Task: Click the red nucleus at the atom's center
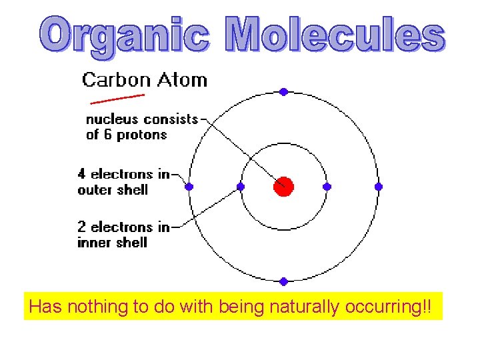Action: click(283, 186)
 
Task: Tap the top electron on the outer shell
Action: click(283, 92)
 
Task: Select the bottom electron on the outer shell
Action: click(283, 281)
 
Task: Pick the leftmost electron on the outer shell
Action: click(189, 187)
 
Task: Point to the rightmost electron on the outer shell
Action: click(379, 187)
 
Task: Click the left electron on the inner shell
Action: click(241, 187)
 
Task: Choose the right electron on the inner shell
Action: click(327, 187)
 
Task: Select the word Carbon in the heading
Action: click(115, 81)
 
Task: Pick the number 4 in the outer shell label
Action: click(81, 174)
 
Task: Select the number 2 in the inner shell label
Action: click(81, 227)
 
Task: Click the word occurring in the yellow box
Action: click(387, 307)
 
